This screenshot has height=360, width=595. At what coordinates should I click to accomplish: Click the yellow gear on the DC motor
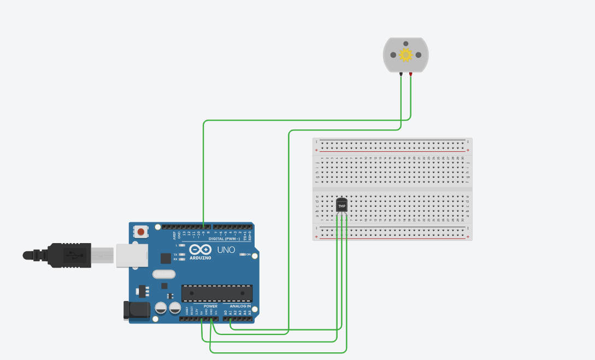pyautogui.click(x=405, y=55)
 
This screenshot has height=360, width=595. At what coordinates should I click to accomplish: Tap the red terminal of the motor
pyautogui.click(x=410, y=73)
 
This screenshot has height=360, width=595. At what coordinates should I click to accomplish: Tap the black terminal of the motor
pyautogui.click(x=401, y=73)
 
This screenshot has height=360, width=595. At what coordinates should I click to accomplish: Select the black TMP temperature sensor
pyautogui.click(x=341, y=205)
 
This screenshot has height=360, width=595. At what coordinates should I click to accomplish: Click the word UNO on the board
pyautogui.click(x=226, y=250)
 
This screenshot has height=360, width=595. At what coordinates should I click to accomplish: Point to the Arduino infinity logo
pyautogui.click(x=197, y=249)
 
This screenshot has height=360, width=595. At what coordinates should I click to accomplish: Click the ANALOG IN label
pyautogui.click(x=240, y=306)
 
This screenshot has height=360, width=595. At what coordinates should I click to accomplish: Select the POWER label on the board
pyautogui.click(x=210, y=306)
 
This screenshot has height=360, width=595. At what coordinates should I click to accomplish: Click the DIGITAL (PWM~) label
pyautogui.click(x=224, y=238)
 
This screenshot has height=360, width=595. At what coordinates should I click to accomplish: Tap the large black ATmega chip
pyautogui.click(x=217, y=293)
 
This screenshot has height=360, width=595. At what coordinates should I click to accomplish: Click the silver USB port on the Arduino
pyautogui.click(x=132, y=255)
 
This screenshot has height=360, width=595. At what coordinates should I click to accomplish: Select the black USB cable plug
pyautogui.click(x=69, y=255)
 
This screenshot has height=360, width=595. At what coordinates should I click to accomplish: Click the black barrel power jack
pyautogui.click(x=137, y=310)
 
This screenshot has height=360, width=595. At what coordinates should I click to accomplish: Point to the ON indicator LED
pyautogui.click(x=242, y=255)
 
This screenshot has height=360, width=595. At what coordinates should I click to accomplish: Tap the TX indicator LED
pyautogui.click(x=181, y=255)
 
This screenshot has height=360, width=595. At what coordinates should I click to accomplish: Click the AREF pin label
pyautogui.click(x=175, y=235)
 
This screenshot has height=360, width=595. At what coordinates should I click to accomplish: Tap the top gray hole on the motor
pyautogui.click(x=405, y=44)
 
